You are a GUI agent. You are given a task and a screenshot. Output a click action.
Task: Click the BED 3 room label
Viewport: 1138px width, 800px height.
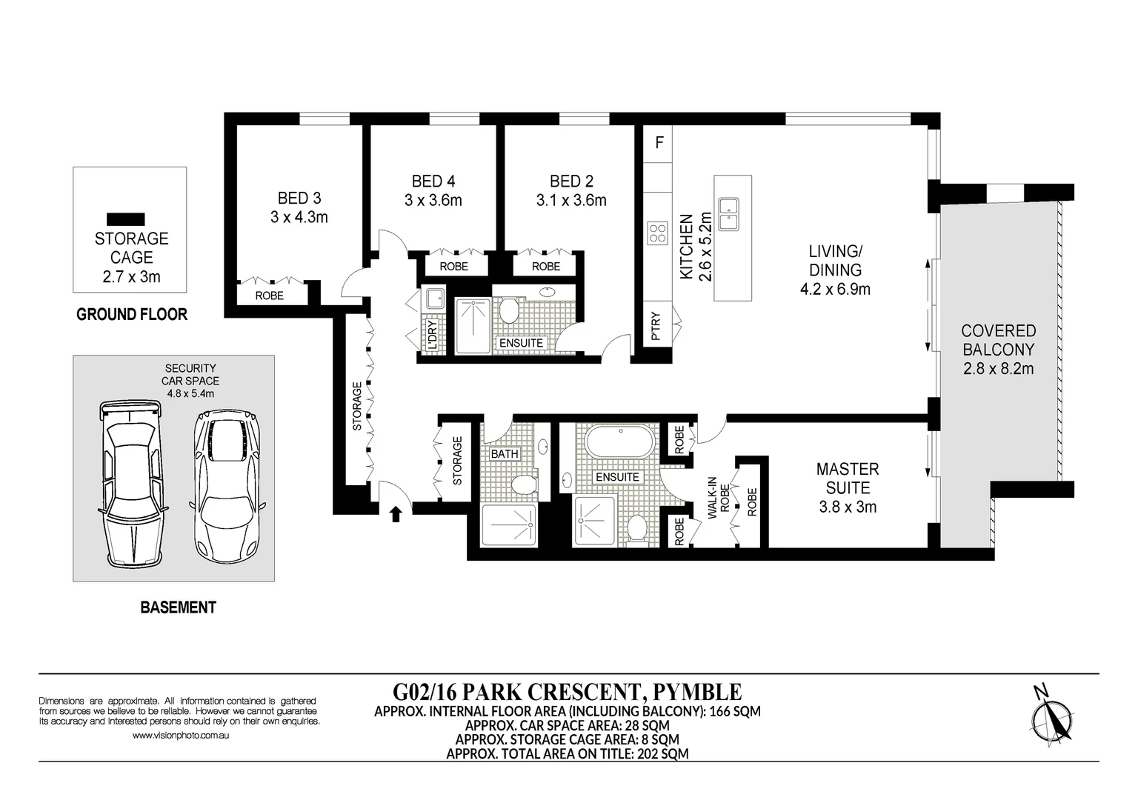coord(299,198)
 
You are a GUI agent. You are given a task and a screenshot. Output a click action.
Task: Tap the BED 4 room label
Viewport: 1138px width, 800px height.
coord(433,181)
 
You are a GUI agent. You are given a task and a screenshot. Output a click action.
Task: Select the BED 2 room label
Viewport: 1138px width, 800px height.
coord(571,181)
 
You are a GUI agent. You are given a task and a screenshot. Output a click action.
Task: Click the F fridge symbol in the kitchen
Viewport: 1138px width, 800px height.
coord(659,143)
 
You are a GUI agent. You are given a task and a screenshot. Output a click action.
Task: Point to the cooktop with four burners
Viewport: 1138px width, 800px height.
coord(657,233)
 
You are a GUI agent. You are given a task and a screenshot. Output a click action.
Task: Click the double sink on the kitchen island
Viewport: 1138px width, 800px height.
coord(728,215)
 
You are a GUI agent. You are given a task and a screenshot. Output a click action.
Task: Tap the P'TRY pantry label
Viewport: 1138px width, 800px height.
coord(656,326)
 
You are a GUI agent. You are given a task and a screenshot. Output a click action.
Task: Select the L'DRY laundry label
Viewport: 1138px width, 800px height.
coord(433,334)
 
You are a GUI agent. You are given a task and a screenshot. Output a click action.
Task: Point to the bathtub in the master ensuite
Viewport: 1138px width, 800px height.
coord(620,442)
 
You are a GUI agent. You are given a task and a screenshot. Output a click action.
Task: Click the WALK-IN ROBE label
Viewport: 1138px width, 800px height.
coord(718,497)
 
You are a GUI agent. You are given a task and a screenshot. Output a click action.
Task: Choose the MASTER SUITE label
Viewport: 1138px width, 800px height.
coord(848,479)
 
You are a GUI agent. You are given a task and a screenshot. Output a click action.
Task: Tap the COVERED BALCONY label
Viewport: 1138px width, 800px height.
coord(998,340)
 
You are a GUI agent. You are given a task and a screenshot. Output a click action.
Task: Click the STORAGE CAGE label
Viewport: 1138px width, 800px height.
coord(132,248)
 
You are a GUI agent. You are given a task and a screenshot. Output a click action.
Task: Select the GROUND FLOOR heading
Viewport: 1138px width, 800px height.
coord(132,314)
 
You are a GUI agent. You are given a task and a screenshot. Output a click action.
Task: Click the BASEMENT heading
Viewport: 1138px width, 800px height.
coord(179,607)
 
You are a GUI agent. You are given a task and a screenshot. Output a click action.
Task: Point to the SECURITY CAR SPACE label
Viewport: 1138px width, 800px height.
coord(190,374)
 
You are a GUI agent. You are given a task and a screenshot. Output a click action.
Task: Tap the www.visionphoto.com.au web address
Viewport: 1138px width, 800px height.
coord(181,736)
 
